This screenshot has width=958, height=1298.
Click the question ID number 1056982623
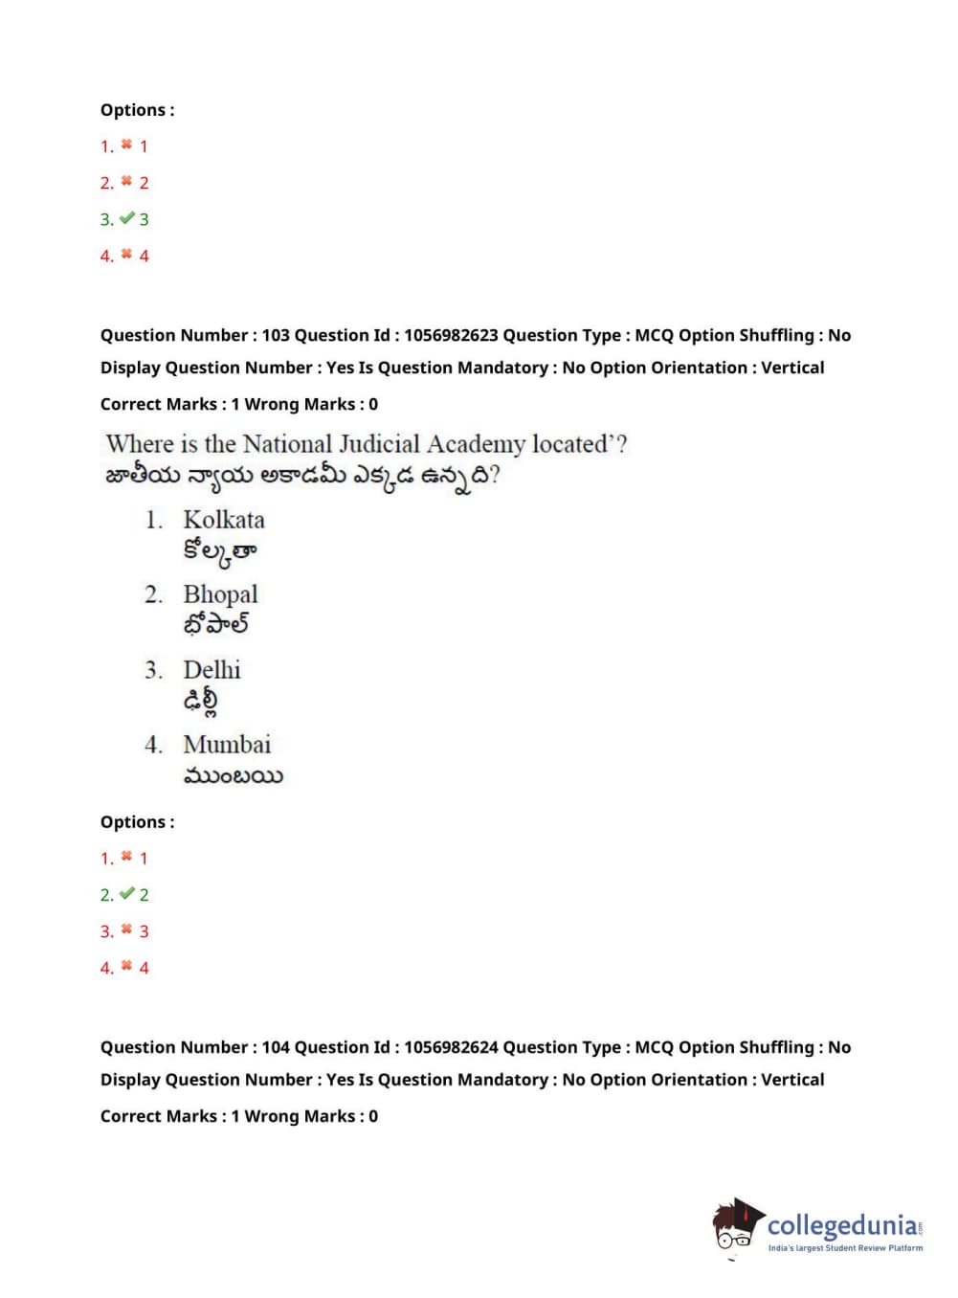coord(451,335)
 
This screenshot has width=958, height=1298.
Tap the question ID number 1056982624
coord(451,1047)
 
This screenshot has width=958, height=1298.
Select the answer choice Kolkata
coord(224,520)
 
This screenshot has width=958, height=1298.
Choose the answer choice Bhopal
coord(220,594)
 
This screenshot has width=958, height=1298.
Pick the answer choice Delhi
coord(212,669)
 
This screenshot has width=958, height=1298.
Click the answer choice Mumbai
coord(227,744)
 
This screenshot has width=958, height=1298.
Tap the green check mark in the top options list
coord(126,219)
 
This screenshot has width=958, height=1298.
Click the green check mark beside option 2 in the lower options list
coord(126,894)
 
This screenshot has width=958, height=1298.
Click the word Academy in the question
coord(476,445)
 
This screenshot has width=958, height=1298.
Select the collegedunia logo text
coord(842,1225)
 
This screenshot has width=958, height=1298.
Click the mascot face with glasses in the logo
coord(734,1230)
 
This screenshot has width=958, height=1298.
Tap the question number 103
coord(276,335)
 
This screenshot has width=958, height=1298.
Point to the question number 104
coord(276,1047)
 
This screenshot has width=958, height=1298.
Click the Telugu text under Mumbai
coord(233,775)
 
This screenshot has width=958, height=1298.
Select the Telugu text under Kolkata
coord(219,552)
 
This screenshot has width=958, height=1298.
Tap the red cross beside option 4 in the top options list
coord(126,255)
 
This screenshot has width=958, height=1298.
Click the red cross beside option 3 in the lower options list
coord(126,929)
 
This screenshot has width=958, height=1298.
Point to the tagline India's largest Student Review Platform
coord(845,1248)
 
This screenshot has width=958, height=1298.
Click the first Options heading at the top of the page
coord(137,110)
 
